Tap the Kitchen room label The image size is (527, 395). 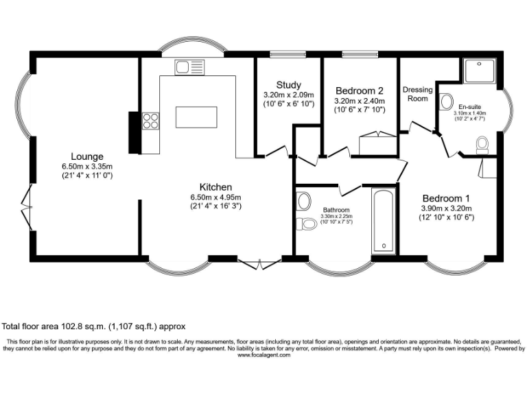(215, 187)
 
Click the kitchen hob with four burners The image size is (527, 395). (150, 121)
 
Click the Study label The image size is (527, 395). (288, 85)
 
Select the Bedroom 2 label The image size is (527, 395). (360, 90)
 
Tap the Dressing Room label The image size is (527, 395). (417, 94)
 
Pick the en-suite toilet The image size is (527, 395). (482, 144)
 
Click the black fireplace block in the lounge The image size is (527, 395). (134, 132)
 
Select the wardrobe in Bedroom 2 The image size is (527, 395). (377, 145)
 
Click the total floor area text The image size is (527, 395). (93, 326)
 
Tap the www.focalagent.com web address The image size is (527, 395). (263, 355)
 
